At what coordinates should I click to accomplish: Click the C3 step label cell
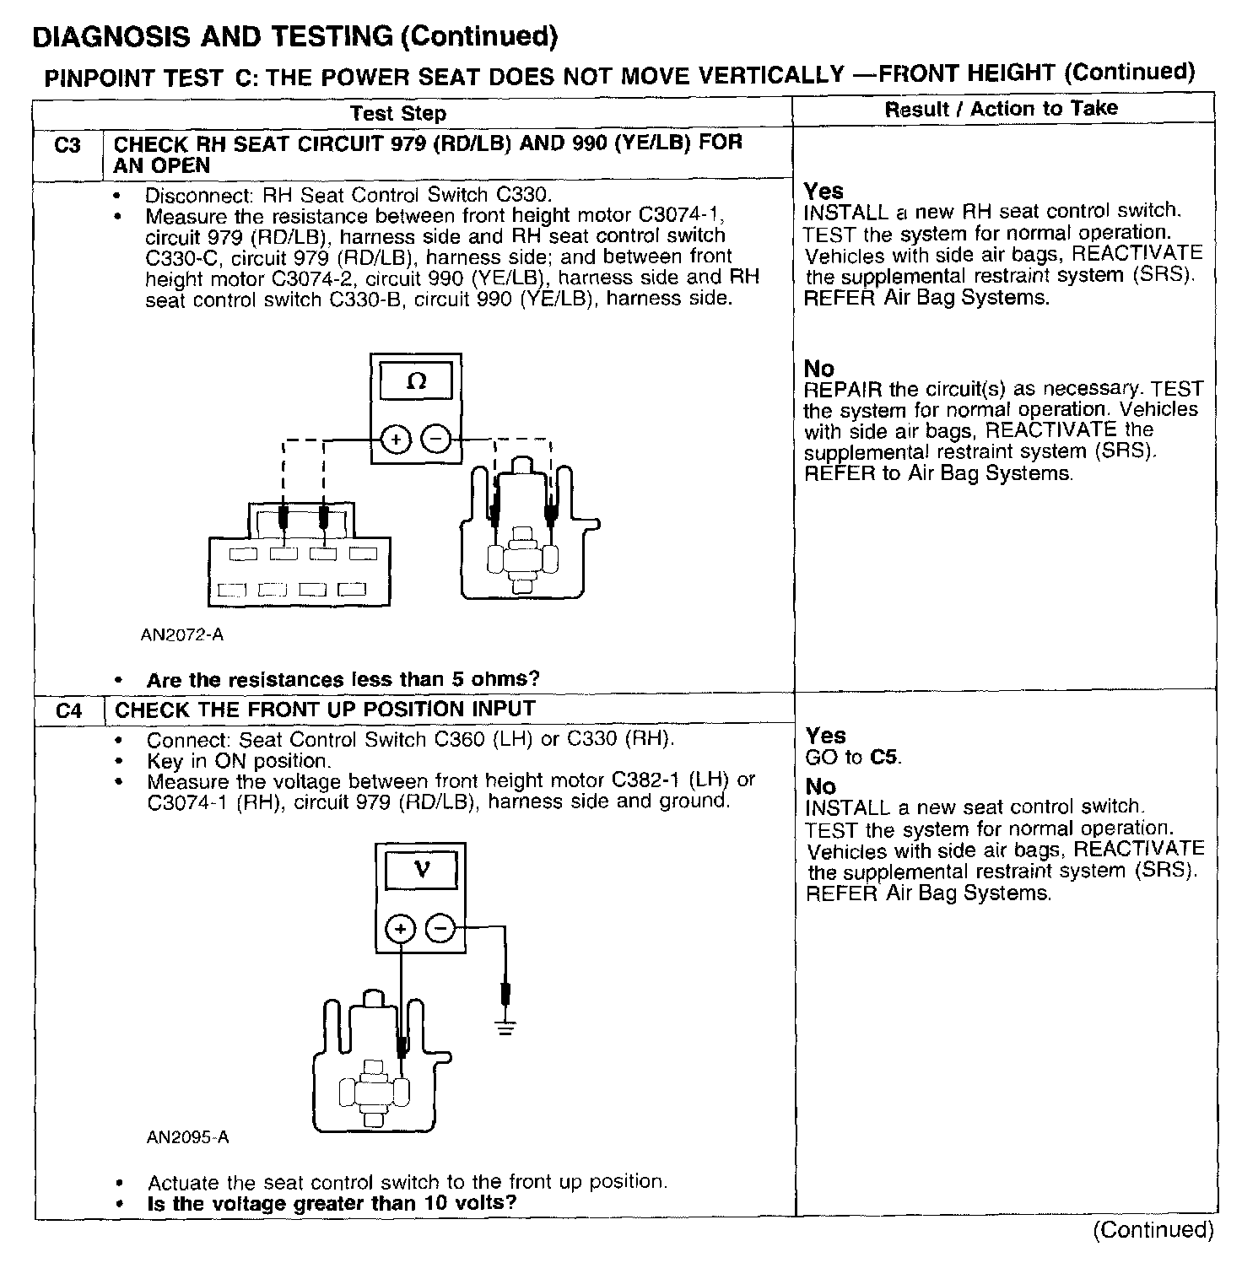[67, 146]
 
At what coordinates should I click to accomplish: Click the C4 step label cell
[69, 711]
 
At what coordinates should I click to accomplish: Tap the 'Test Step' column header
[398, 113]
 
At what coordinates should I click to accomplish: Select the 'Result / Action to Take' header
[1001, 109]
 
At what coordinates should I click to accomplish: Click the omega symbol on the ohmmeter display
[417, 382]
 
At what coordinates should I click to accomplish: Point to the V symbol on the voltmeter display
[422, 869]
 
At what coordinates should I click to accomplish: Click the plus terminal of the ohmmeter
[396, 440]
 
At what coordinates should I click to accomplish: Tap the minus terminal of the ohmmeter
[435, 440]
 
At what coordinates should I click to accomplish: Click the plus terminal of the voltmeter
[401, 929]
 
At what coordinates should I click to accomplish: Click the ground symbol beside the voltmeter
[505, 1028]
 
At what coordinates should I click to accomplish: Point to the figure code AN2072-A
[182, 634]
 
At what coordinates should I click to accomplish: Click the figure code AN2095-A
[187, 1137]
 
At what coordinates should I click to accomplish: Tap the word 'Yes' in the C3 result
[823, 192]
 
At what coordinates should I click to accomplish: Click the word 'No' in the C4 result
[820, 787]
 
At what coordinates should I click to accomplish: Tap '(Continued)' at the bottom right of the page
[1153, 1230]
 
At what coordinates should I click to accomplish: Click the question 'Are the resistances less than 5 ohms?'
[343, 680]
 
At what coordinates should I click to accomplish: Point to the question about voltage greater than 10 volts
[332, 1203]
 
